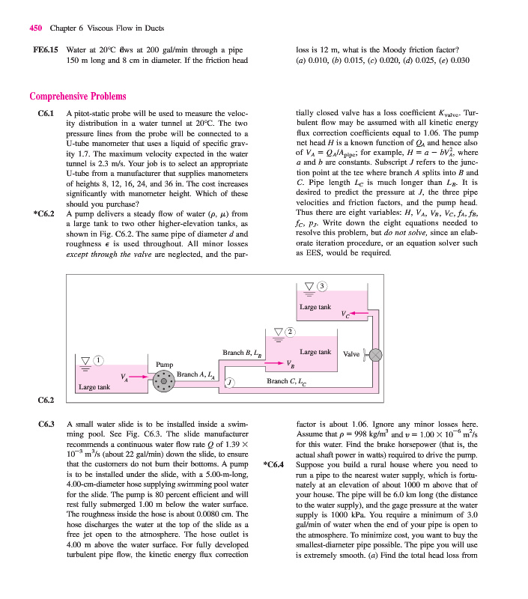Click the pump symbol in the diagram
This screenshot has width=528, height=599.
coord(163,381)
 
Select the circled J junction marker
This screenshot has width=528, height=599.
coord(231,383)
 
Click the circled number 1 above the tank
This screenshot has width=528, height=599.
coord(98,362)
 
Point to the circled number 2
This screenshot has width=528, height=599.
coord(291,332)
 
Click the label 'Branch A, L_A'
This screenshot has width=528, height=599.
coord(196,375)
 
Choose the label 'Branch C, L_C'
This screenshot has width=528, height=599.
coord(288,381)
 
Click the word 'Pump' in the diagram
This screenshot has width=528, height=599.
coord(165,365)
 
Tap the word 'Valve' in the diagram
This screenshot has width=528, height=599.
coord(351,353)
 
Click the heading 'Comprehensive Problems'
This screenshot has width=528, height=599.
coord(77,96)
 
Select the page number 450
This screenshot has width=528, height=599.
coord(35,28)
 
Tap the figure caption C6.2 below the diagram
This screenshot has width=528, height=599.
coord(46,401)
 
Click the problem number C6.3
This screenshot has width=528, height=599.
coord(48,424)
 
